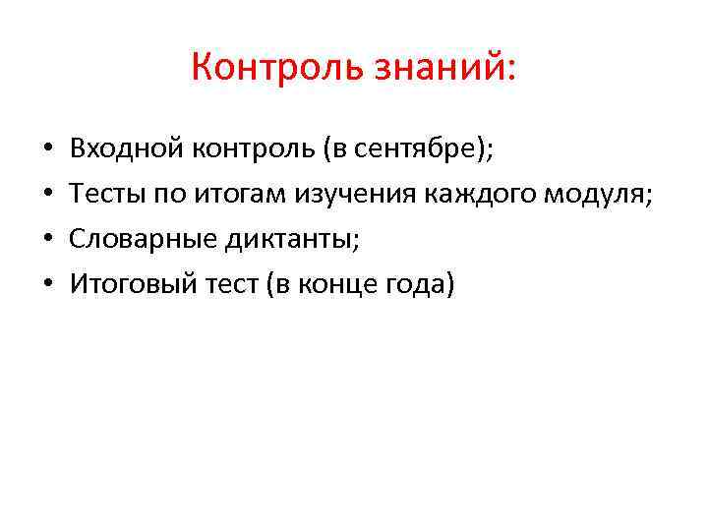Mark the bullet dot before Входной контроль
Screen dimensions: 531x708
(x=47, y=151)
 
